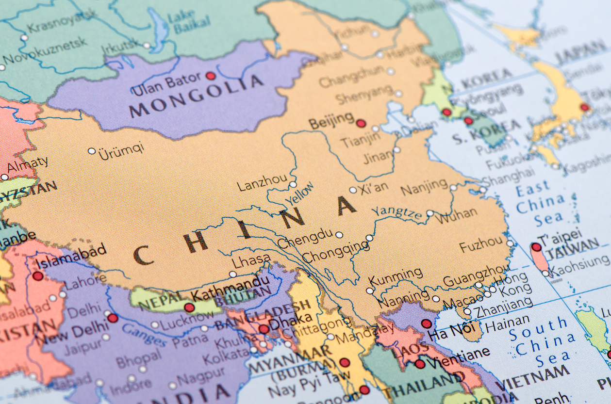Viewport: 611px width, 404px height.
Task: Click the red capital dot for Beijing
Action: (361, 123)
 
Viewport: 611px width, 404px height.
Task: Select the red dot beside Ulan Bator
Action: (210, 76)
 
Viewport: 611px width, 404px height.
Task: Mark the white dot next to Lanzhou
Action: (293, 184)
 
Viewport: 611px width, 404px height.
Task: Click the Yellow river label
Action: (299, 194)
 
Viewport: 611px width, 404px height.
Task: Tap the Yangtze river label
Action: (396, 212)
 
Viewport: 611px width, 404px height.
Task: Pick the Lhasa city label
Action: (250, 262)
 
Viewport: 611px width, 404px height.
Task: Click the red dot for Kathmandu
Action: (189, 307)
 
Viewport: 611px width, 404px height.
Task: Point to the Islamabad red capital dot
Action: (37, 276)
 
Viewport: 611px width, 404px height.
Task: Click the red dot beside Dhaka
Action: (264, 329)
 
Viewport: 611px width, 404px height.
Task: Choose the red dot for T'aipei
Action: (536, 247)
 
